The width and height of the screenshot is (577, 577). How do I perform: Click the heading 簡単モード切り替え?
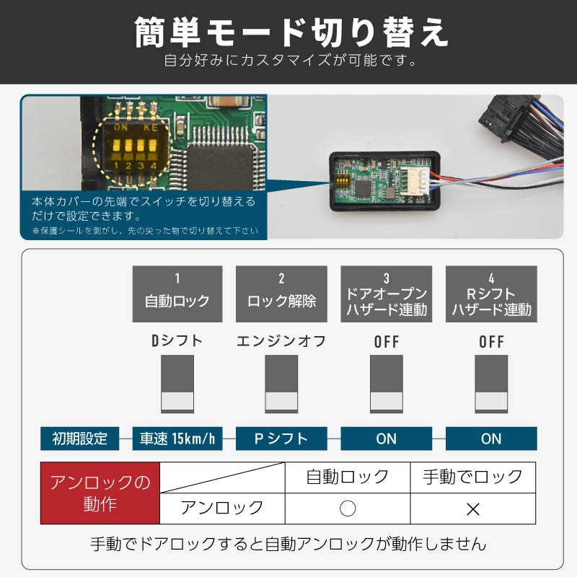pos(288,32)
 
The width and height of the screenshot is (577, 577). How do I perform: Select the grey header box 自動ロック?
pos(177,294)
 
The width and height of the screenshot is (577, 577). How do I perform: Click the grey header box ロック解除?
pos(281,294)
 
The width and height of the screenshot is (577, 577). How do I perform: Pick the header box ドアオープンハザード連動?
pos(387,294)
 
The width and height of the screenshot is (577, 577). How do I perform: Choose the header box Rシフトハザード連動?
pos(491,294)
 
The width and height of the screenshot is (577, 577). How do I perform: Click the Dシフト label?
pos(177,341)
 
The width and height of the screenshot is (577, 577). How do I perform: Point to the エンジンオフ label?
pos(281,341)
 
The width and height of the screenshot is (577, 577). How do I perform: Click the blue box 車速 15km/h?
pos(177,438)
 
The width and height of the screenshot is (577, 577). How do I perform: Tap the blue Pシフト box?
pos(281,438)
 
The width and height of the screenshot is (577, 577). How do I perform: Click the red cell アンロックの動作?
pos(100,493)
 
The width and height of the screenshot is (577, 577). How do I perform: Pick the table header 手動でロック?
pos(472,477)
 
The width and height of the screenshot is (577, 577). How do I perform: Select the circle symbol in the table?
pos(348,508)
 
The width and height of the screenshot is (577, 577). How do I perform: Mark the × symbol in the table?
pos(472,508)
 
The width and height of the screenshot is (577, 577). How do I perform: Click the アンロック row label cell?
pos(222,508)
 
